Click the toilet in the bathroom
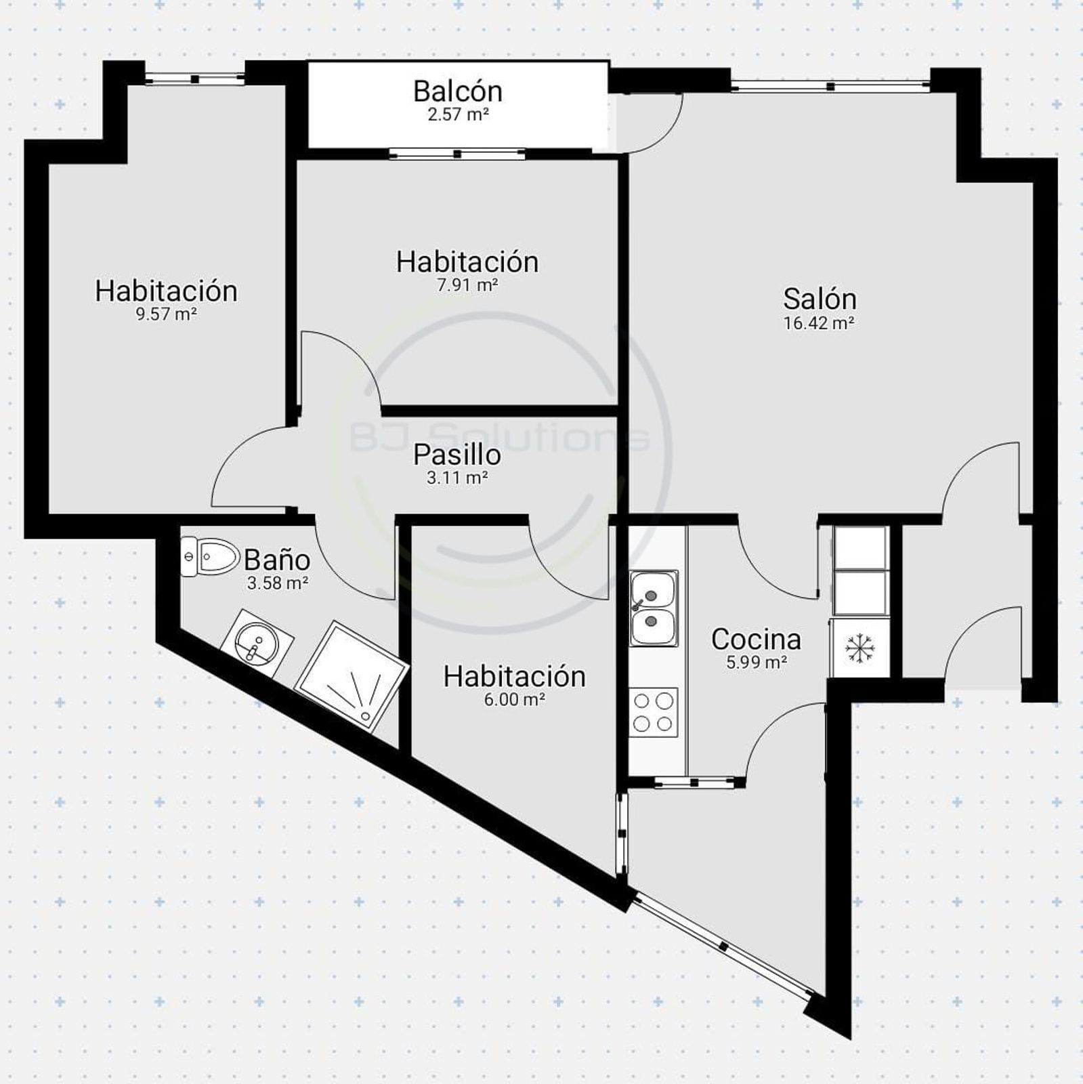(x=210, y=556)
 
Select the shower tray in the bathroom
(x=352, y=675)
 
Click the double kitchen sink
(x=654, y=608)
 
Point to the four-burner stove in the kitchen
(x=654, y=713)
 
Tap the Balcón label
(x=458, y=91)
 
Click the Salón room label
(x=820, y=299)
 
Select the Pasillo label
(x=457, y=455)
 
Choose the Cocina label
(x=756, y=639)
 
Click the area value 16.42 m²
(x=819, y=323)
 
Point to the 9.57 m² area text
(x=166, y=314)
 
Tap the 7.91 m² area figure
(x=467, y=285)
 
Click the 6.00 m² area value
(x=515, y=699)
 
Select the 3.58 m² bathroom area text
(x=278, y=583)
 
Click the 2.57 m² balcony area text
(x=458, y=114)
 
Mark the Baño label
(x=277, y=560)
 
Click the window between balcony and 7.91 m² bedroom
(x=458, y=154)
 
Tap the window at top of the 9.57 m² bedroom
(x=195, y=79)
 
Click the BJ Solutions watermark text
(x=499, y=437)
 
